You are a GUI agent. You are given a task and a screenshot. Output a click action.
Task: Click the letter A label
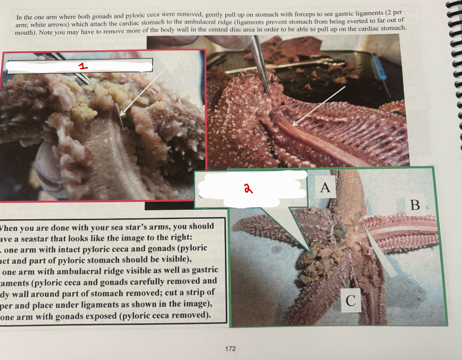325,187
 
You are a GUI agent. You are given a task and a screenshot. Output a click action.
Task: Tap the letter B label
415,205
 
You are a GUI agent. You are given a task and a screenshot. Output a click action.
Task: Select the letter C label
350,300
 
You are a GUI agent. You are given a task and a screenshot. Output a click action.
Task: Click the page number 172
230,348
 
